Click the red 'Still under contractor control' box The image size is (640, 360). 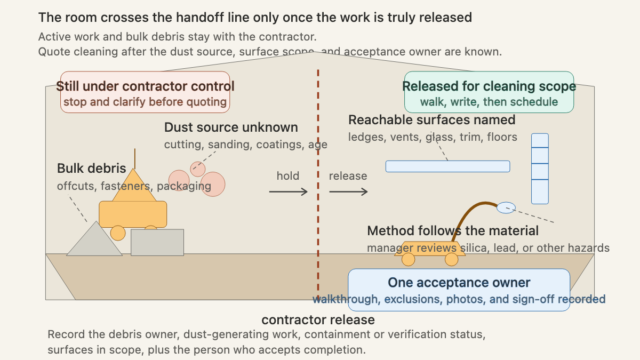145,92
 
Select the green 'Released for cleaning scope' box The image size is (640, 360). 489,92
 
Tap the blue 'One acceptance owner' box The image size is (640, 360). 459,290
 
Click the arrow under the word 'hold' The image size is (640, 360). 289,191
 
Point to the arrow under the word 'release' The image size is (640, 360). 348,191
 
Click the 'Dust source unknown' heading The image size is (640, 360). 231,127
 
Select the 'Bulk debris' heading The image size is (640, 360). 91,169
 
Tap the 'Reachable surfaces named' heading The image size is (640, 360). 431,120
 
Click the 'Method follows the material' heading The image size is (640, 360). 453,231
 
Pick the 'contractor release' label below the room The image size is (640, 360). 318,319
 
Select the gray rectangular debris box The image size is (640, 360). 157,242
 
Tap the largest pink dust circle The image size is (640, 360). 213,184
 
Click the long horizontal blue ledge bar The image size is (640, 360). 447,166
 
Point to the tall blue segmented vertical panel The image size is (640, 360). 540,169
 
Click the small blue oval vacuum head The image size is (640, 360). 506,207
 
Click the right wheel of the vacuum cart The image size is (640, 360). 451,259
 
